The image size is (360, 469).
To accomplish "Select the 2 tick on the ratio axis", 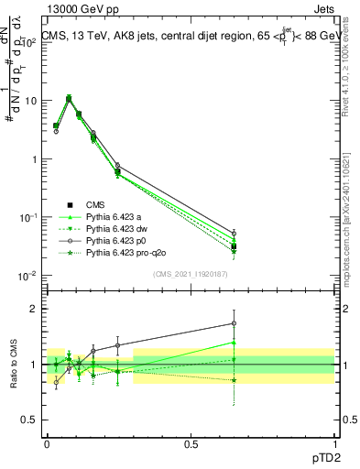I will click(36, 309).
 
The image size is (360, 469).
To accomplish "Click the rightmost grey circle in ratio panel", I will click(234, 323).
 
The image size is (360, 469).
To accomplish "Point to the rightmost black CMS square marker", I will click(234, 246).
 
